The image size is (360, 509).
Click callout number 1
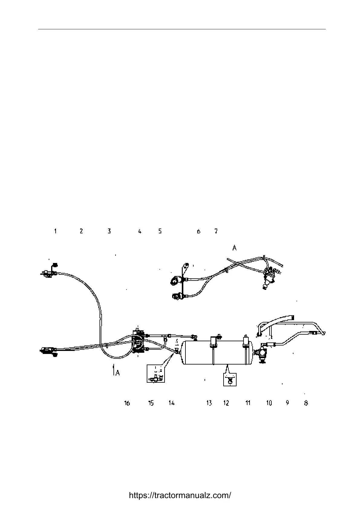[55, 231]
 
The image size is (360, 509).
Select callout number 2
[81, 231]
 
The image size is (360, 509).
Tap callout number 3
[109, 231]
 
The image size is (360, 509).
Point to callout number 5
[160, 231]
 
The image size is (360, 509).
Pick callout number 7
[216, 231]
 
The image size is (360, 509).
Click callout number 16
[127, 403]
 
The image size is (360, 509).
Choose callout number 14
[172, 403]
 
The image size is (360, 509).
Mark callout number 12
[226, 403]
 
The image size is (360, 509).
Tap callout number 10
[269, 403]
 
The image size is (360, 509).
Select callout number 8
[306, 403]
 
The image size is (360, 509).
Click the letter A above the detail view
[234, 248]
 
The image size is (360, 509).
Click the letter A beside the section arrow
[117, 373]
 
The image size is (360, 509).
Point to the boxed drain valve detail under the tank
[230, 380]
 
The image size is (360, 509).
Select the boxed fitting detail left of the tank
[156, 374]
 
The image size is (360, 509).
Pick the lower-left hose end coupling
[48, 351]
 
